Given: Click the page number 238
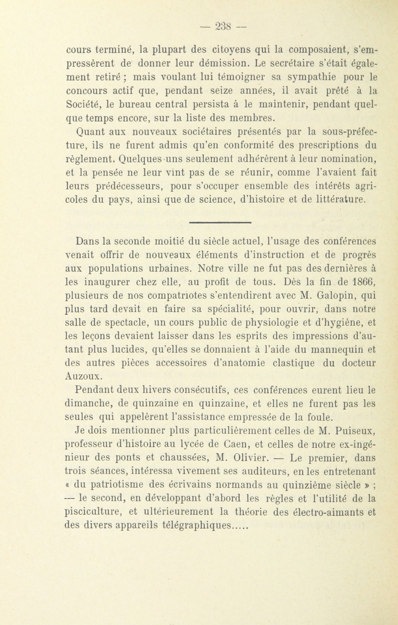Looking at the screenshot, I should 223,26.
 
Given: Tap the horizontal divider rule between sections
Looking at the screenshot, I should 220,222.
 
